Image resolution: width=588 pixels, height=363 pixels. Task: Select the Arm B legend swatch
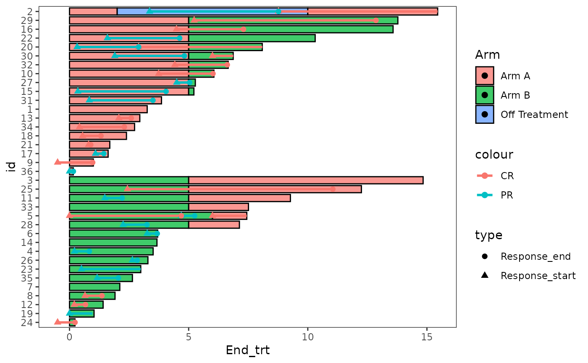(x=485, y=95)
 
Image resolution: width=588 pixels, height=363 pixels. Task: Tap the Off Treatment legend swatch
(x=485, y=115)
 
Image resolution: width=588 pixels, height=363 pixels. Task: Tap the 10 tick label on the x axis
(x=308, y=336)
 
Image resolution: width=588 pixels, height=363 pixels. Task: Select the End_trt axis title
(x=247, y=350)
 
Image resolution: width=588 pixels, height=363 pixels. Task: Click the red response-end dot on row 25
(x=333, y=189)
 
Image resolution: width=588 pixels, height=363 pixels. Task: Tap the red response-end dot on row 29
(x=375, y=21)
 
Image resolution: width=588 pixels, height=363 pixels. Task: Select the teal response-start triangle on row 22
(x=108, y=38)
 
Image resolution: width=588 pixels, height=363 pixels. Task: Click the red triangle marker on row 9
(x=58, y=162)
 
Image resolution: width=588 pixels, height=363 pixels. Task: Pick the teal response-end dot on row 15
(x=166, y=91)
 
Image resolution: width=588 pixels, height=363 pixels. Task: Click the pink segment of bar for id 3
(x=305, y=180)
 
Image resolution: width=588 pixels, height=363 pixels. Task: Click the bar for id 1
(x=108, y=109)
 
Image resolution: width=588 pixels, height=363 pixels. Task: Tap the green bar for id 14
(x=113, y=242)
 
